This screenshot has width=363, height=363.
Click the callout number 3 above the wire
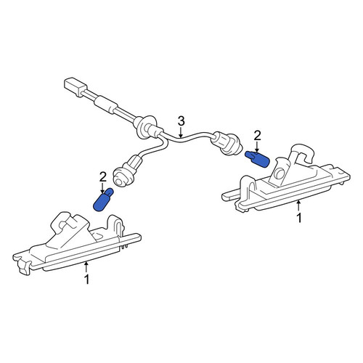coord(181,121)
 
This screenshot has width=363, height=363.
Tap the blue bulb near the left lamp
coord(102,200)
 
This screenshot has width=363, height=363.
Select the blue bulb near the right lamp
coord(257,159)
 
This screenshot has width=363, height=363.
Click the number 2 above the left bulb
coord(103,177)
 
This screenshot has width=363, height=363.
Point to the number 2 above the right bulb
coord(257,136)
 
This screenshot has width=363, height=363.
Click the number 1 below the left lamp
coord(86,280)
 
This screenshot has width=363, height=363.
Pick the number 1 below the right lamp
coord(299,218)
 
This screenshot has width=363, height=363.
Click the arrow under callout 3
coord(181,133)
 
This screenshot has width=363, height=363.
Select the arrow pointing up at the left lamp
coord(86,268)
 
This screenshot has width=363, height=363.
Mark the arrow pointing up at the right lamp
coord(299,206)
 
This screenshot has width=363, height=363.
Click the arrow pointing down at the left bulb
coord(103,188)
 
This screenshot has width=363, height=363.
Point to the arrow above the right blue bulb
coord(257,147)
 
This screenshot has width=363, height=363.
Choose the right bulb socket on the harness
coord(227,143)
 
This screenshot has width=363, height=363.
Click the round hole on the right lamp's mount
coord(280,173)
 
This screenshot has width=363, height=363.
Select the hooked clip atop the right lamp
coord(303,153)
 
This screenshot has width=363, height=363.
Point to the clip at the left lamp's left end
coord(24,267)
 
